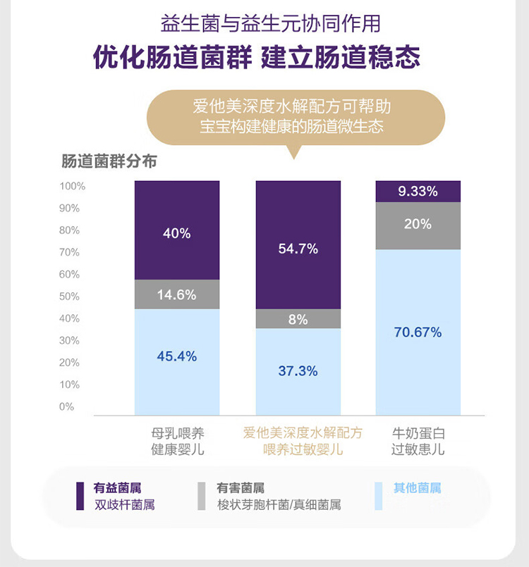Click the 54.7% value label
(x=298, y=249)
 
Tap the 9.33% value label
(x=418, y=191)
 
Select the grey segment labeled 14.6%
(x=176, y=294)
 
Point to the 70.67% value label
(x=418, y=332)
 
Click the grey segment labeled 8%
(x=298, y=319)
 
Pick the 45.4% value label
(x=176, y=356)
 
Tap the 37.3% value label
(x=298, y=370)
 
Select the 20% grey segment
(x=418, y=225)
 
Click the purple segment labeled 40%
(x=176, y=232)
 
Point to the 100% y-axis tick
(x=72, y=187)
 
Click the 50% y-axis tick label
(x=70, y=297)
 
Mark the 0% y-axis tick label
(x=67, y=406)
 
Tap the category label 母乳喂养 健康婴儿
(x=177, y=441)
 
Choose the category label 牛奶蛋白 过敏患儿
(x=418, y=441)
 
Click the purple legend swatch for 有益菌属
(x=81, y=496)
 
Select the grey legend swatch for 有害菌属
(x=202, y=496)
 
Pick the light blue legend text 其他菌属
(x=417, y=488)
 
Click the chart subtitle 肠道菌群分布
(x=109, y=161)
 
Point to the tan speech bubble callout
(x=296, y=118)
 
